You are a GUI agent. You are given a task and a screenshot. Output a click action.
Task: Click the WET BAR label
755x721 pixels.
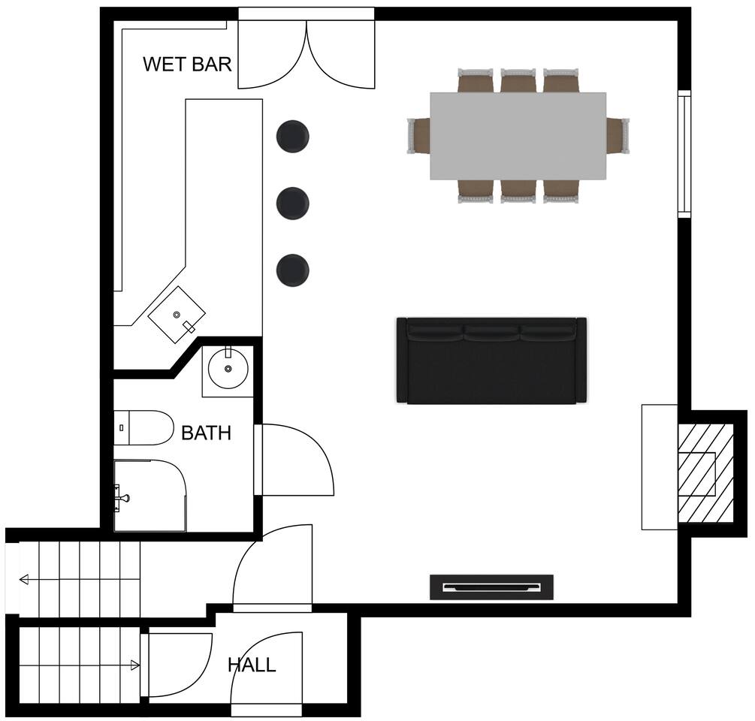pyautogui.click(x=187, y=64)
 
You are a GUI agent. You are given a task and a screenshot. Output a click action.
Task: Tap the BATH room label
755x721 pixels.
pyautogui.click(x=206, y=433)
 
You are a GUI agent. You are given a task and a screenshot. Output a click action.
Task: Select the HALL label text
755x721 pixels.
pyautogui.click(x=252, y=665)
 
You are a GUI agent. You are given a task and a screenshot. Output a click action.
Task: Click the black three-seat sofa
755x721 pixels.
pyautogui.click(x=491, y=360)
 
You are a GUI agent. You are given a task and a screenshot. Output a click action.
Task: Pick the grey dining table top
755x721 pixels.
pyautogui.click(x=518, y=136)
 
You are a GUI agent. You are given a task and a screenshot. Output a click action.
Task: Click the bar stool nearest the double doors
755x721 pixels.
pyautogui.click(x=293, y=137)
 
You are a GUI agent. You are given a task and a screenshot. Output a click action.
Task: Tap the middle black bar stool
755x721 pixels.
pyautogui.click(x=293, y=204)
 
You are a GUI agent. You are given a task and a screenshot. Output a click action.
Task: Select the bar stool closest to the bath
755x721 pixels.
pyautogui.click(x=293, y=270)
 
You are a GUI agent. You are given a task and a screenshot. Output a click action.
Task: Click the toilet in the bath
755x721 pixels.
pyautogui.click(x=143, y=427)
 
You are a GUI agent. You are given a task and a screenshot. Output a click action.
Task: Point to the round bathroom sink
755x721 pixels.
pyautogui.click(x=228, y=370)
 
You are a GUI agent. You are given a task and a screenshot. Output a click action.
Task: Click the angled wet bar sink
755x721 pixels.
pyautogui.click(x=177, y=315)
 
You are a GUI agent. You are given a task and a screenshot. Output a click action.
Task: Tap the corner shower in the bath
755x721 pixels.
pyautogui.click(x=149, y=496)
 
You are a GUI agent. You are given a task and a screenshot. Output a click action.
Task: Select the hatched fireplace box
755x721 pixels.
pyautogui.click(x=705, y=473)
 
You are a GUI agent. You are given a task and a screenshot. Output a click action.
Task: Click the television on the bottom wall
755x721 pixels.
pyautogui.click(x=491, y=587)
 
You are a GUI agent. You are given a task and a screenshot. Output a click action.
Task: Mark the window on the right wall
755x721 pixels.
pyautogui.click(x=684, y=154)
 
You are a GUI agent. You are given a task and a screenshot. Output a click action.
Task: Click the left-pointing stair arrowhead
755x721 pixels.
pyautogui.click(x=23, y=580)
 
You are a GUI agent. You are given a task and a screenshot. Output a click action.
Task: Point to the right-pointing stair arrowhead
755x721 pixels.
pyautogui.click(x=135, y=665)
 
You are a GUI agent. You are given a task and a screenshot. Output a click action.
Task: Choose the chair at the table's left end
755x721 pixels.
pyautogui.click(x=418, y=136)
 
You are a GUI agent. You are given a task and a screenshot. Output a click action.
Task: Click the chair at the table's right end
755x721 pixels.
pyautogui.click(x=618, y=136)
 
